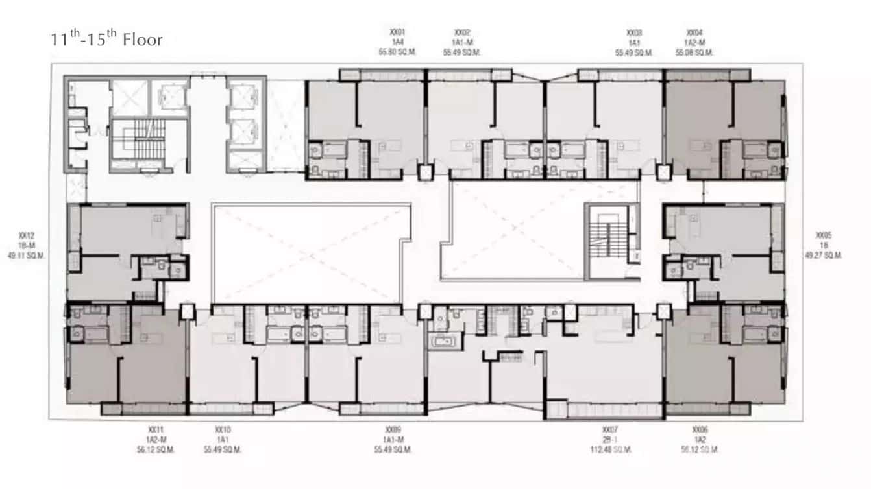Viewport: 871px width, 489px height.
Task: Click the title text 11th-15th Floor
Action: (x=106, y=40)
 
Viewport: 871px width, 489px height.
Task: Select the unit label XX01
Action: (x=397, y=32)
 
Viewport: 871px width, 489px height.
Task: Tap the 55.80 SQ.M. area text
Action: (x=397, y=53)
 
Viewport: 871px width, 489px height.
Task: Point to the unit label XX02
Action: (x=462, y=32)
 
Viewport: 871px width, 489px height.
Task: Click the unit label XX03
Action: (x=634, y=32)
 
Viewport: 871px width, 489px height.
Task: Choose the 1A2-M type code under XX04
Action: (x=694, y=43)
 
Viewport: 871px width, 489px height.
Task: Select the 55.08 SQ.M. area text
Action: (x=694, y=53)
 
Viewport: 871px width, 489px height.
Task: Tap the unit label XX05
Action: (x=823, y=235)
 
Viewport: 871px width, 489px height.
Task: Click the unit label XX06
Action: (x=699, y=429)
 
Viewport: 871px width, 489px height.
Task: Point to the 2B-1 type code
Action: (x=610, y=440)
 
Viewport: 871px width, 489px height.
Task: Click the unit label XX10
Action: (x=223, y=429)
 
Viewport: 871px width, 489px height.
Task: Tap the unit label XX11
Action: (x=156, y=429)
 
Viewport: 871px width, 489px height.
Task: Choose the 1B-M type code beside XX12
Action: (x=27, y=245)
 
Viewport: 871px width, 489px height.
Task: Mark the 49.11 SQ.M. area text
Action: (x=27, y=256)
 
